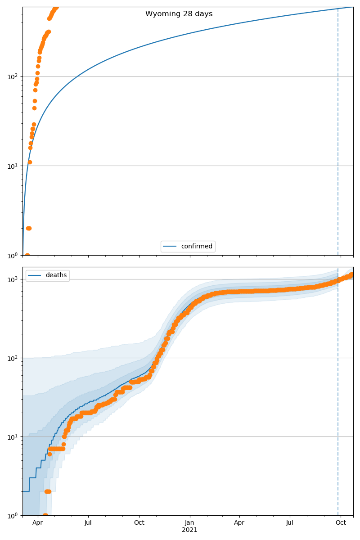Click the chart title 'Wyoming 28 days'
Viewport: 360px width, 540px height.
pyautogui.click(x=179, y=14)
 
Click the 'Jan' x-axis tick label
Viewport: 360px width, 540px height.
pyautogui.click(x=189, y=523)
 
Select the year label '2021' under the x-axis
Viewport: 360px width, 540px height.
pyautogui.click(x=189, y=530)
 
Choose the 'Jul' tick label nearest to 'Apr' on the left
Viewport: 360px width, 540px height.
pyautogui.click(x=88, y=523)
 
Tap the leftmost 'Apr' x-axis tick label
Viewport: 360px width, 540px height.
pyautogui.click(x=38, y=523)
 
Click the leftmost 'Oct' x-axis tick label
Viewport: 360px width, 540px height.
pyautogui.click(x=139, y=523)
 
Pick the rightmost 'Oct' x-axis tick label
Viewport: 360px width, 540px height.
pyautogui.click(x=341, y=523)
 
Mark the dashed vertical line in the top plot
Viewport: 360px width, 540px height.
pyautogui.click(x=338, y=135)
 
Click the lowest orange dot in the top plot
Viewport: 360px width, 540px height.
pyautogui.click(x=27, y=255)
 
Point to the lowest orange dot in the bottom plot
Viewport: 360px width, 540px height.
pyautogui.click(x=45, y=515)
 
